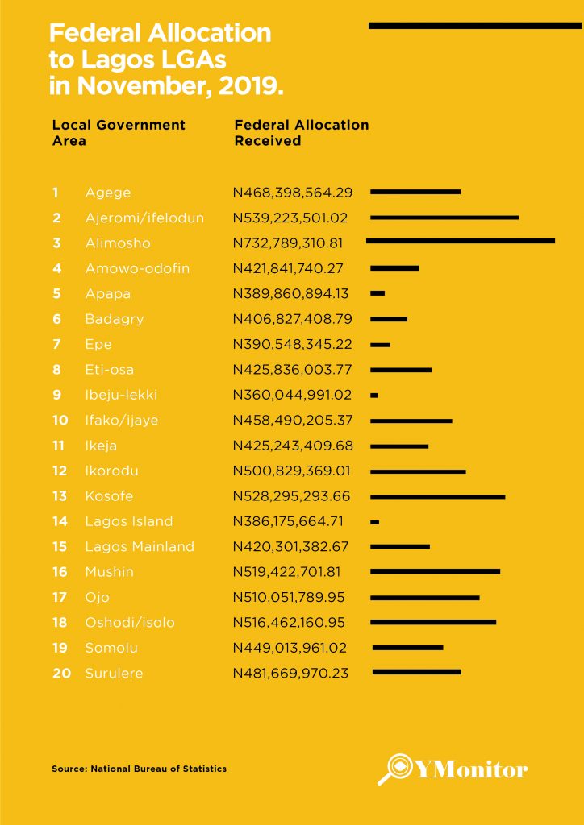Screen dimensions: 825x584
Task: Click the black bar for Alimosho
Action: point(461,240)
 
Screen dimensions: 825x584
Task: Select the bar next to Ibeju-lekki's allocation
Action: point(374,396)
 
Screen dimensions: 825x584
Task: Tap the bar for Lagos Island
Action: point(374,522)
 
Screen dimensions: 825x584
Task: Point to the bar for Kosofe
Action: point(437,496)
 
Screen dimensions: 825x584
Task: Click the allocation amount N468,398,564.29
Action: point(293,193)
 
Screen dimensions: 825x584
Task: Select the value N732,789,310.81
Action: point(293,243)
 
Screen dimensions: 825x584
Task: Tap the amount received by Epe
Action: point(293,344)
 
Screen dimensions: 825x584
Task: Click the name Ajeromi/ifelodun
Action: point(144,218)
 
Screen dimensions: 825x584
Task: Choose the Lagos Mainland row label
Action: point(140,547)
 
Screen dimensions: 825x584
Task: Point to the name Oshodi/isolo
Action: point(130,623)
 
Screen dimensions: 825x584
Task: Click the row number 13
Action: point(60,496)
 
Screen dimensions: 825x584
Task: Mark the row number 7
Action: point(56,344)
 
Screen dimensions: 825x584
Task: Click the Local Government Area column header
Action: point(119,132)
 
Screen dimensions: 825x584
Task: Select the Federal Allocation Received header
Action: point(301,132)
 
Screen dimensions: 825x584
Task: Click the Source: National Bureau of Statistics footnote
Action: point(139,769)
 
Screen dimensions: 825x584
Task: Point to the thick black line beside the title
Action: point(474,26)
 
